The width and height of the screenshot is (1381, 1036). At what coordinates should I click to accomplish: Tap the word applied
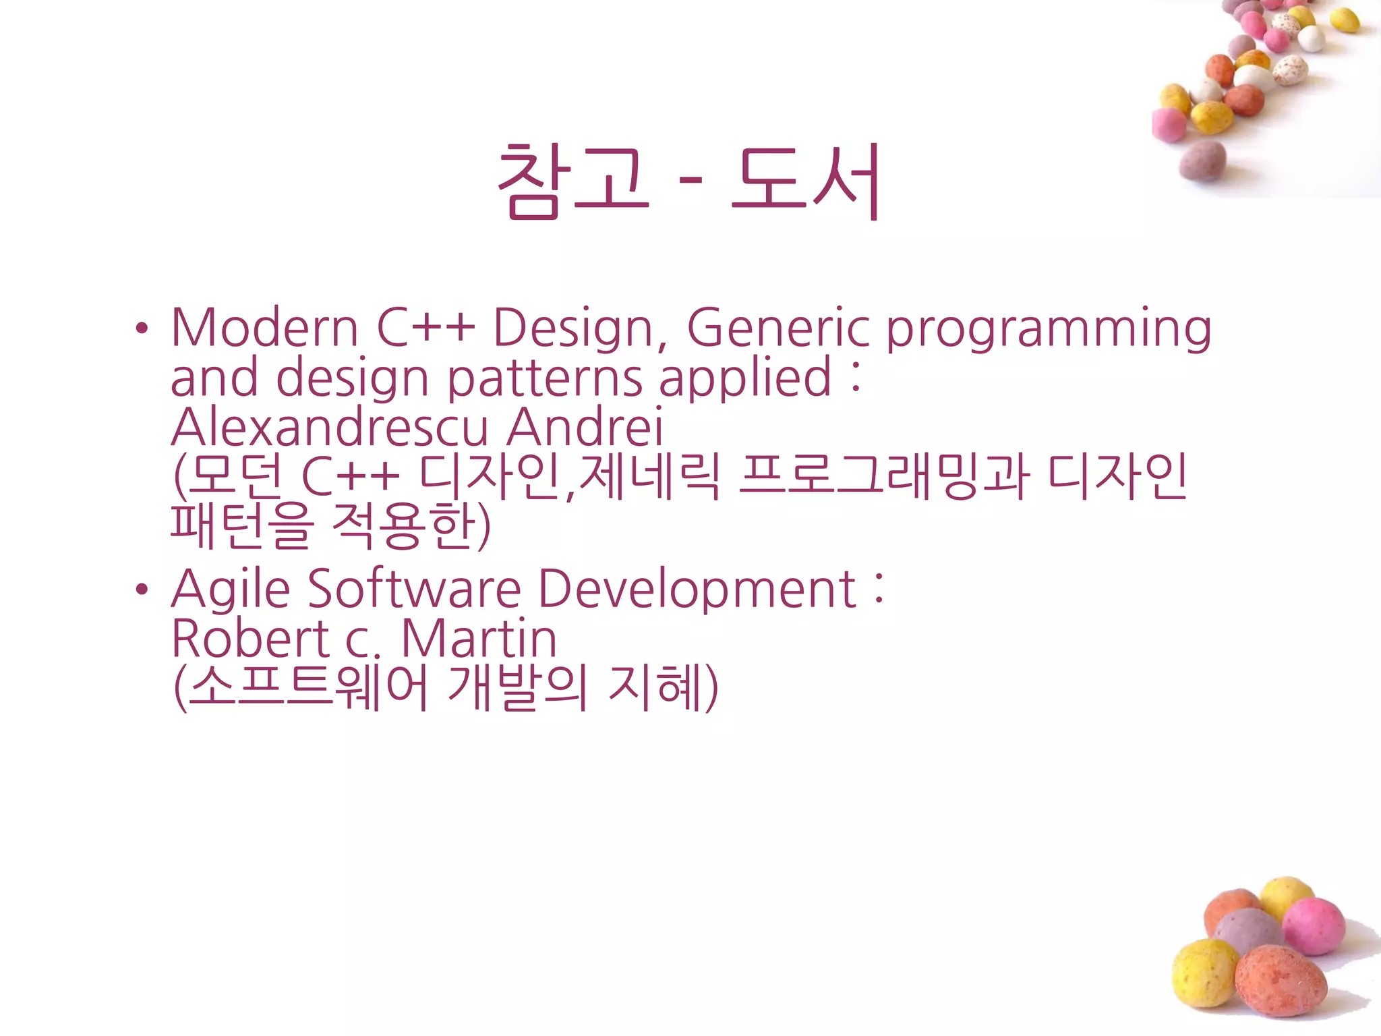coord(745,379)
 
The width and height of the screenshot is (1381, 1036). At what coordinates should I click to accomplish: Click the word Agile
coord(231,589)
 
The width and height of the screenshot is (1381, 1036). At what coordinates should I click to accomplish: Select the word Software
coord(414,589)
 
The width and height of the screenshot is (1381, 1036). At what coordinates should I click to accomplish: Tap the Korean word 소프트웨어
coord(307,688)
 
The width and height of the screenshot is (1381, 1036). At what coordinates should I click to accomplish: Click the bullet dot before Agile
coord(141,589)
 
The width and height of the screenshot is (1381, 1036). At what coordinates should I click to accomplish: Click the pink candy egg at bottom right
coord(1314,926)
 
